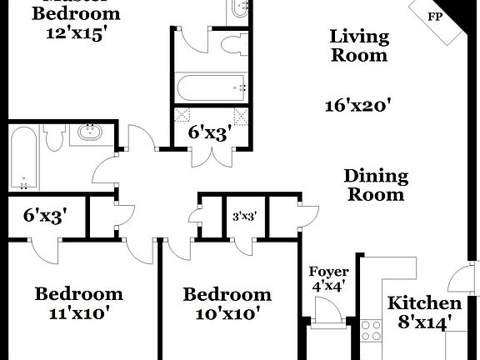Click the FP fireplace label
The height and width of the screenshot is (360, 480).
[x=435, y=16]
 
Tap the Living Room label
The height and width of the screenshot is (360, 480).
[x=359, y=46]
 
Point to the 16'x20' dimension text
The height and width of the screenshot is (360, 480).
[x=359, y=106]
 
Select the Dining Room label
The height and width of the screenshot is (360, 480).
[x=375, y=185]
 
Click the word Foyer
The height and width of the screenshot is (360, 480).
[x=328, y=272]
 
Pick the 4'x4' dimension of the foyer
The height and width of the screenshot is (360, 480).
[x=328, y=287]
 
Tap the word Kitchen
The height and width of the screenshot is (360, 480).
[x=425, y=303]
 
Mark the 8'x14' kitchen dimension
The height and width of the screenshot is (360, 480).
[x=425, y=321]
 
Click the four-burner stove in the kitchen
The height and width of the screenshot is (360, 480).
[x=371, y=330]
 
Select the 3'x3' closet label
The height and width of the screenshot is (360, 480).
[x=243, y=217]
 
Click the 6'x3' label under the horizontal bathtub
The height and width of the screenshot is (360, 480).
[x=208, y=131]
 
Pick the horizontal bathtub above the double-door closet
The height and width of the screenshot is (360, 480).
[x=208, y=86]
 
